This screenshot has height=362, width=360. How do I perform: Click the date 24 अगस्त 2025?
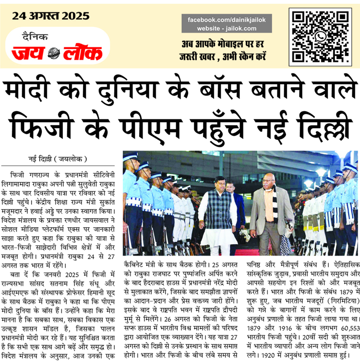[x=51, y=16]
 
